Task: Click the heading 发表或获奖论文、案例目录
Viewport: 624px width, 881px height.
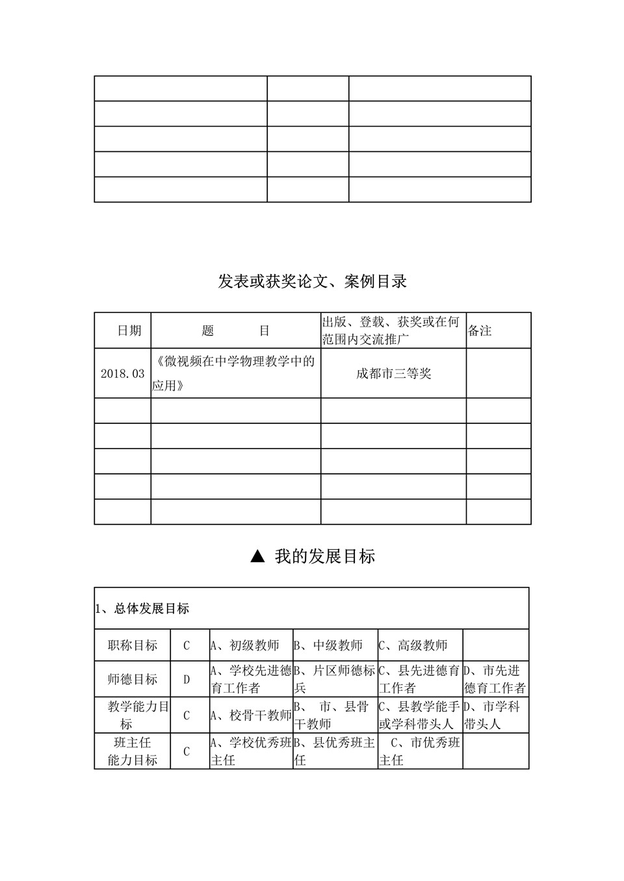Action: click(312, 282)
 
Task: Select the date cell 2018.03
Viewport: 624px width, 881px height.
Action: click(122, 374)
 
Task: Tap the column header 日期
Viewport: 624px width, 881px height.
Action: click(129, 331)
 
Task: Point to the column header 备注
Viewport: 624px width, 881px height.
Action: click(480, 331)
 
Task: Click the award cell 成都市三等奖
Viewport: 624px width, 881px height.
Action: click(393, 374)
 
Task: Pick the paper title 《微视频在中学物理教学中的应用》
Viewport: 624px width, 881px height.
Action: click(235, 373)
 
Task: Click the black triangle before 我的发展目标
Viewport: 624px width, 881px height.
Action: click(257, 556)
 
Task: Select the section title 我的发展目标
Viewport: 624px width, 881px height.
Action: click(324, 556)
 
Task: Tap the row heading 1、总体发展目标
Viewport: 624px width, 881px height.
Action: click(142, 609)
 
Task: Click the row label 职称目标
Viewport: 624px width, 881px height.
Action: click(133, 645)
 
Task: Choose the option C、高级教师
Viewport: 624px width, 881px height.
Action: click(413, 645)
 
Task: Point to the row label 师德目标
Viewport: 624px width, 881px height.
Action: click(133, 679)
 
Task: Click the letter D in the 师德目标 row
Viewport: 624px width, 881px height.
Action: click(187, 680)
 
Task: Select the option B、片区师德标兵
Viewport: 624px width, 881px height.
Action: click(335, 679)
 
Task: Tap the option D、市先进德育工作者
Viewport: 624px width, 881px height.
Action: click(495, 679)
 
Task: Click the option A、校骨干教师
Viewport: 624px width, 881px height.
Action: click(251, 715)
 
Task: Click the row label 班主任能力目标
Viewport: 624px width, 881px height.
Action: click(133, 751)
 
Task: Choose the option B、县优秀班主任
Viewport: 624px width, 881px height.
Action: click(335, 751)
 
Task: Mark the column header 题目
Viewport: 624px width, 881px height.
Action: click(235, 331)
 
